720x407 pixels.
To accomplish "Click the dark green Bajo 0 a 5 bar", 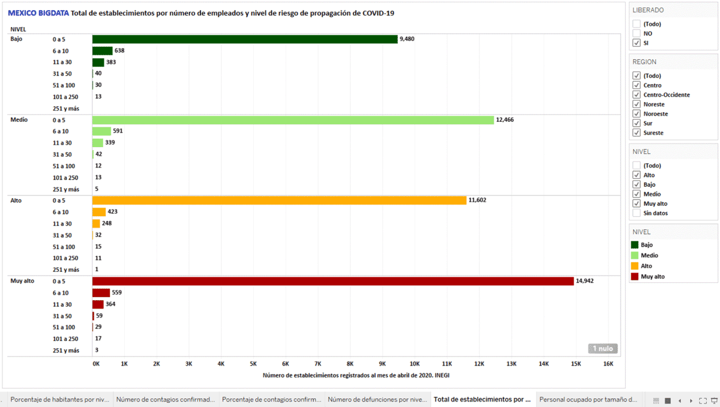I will (x=245, y=39).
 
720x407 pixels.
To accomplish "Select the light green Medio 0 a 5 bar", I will (x=293, y=119).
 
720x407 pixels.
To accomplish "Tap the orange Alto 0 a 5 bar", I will (x=279, y=200).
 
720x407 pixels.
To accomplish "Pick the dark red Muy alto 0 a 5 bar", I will (x=333, y=281).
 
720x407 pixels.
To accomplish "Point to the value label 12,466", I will (x=505, y=119).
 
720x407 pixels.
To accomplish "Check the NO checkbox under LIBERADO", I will (x=636, y=34).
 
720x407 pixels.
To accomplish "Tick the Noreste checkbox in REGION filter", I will (x=636, y=104).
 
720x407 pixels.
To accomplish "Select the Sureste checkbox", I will (x=636, y=133).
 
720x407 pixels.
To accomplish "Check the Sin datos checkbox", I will (x=636, y=213).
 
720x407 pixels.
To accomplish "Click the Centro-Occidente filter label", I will (x=666, y=95).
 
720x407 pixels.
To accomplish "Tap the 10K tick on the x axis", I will (x=415, y=364).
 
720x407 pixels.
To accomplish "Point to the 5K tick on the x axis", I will (x=253, y=364).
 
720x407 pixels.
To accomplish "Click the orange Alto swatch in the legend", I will (x=635, y=266).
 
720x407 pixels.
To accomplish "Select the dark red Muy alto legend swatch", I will (x=635, y=277).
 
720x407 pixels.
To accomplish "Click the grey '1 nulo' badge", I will (x=602, y=348).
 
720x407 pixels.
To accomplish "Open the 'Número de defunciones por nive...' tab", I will (x=377, y=399).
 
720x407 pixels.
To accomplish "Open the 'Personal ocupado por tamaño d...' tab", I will (x=587, y=399).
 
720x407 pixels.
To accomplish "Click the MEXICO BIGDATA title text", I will (x=38, y=13).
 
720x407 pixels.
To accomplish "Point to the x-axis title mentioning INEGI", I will (x=356, y=376).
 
